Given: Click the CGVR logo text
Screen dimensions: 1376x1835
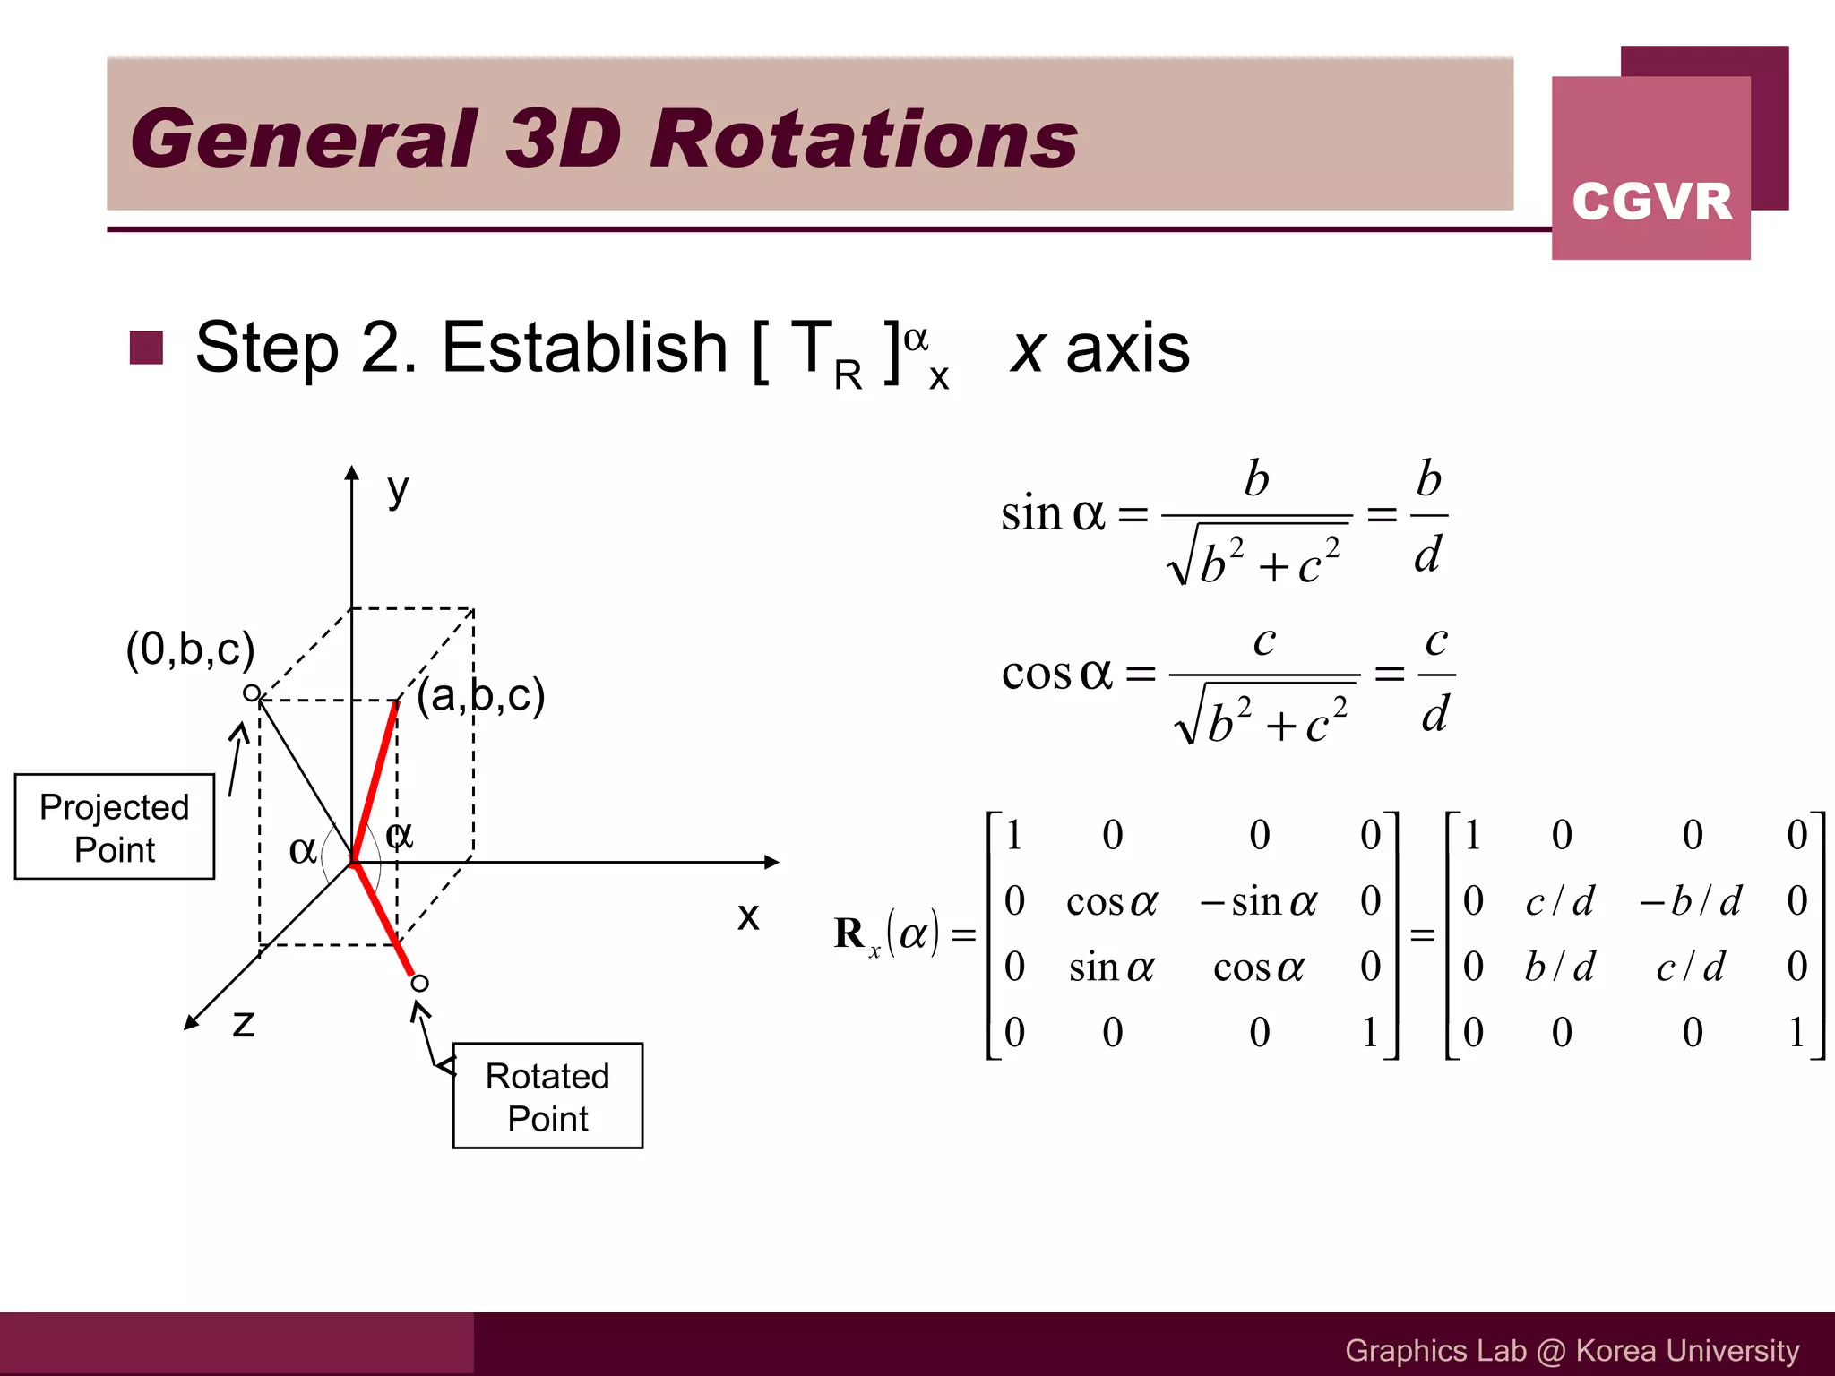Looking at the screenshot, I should pos(1651,201).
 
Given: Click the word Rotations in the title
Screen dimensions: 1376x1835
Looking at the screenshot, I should pos(864,139).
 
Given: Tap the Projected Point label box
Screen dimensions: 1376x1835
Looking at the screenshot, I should pos(115,827).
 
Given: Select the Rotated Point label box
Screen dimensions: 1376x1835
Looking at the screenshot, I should pos(547,1096).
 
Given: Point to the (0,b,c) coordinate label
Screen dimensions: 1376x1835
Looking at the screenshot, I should pos(190,649).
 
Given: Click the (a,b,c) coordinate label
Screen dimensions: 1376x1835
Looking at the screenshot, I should pos(481,695).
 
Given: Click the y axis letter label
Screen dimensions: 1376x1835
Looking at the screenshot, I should pos(398,490).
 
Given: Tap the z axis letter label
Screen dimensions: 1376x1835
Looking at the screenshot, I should pos(243,1022).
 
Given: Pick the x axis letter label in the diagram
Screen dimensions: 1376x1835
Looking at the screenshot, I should pos(748,916).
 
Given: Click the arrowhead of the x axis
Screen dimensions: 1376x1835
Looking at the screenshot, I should pos(771,862).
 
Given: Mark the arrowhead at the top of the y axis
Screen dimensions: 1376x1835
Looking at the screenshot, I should pos(352,474).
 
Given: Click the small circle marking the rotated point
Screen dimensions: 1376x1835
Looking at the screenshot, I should pos(419,984).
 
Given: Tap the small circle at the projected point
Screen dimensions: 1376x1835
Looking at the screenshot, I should pos(252,692).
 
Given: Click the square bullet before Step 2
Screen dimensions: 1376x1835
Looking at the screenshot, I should pos(146,348).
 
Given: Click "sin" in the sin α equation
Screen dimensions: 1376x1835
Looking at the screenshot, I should pos(1030,513).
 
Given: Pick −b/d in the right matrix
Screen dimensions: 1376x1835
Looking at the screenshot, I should pos(1690,900).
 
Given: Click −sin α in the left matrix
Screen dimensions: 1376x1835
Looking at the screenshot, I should pos(1258,901).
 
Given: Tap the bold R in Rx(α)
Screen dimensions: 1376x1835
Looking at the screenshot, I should pos(849,933).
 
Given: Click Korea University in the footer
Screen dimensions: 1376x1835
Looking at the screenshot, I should pos(1687,1350).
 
